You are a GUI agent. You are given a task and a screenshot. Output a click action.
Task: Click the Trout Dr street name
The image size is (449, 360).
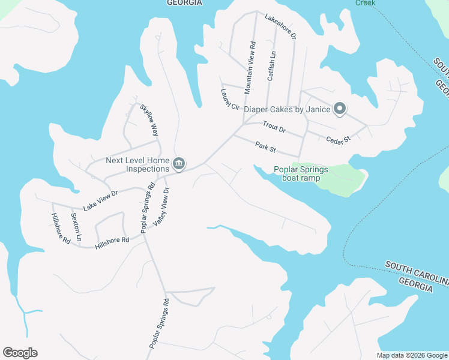[x=274, y=127]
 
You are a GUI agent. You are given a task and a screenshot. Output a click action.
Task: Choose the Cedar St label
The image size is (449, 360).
[x=338, y=139]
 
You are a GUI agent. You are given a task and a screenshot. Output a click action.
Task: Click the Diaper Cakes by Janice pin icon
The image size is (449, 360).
[x=340, y=109]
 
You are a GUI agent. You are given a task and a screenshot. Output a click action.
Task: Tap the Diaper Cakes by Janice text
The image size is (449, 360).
[x=288, y=109]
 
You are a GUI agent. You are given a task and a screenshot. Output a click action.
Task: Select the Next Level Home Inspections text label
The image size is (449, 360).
[x=137, y=164]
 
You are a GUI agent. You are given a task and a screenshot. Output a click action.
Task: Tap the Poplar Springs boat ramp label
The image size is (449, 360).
[x=301, y=173]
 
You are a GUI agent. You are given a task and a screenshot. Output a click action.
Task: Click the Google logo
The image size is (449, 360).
[x=20, y=353]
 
